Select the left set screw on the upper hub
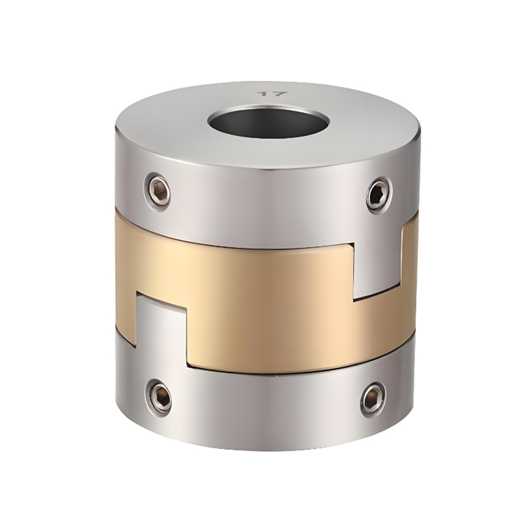158,191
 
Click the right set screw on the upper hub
378,194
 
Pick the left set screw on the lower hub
159,396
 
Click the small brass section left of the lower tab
126,312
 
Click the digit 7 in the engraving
279,94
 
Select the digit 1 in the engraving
265,94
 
